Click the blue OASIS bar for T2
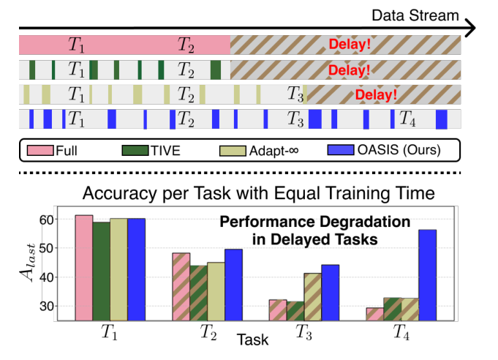pyautogui.click(x=234, y=285)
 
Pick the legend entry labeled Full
pyautogui.click(x=53, y=151)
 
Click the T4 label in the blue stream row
pyautogui.click(x=407, y=118)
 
